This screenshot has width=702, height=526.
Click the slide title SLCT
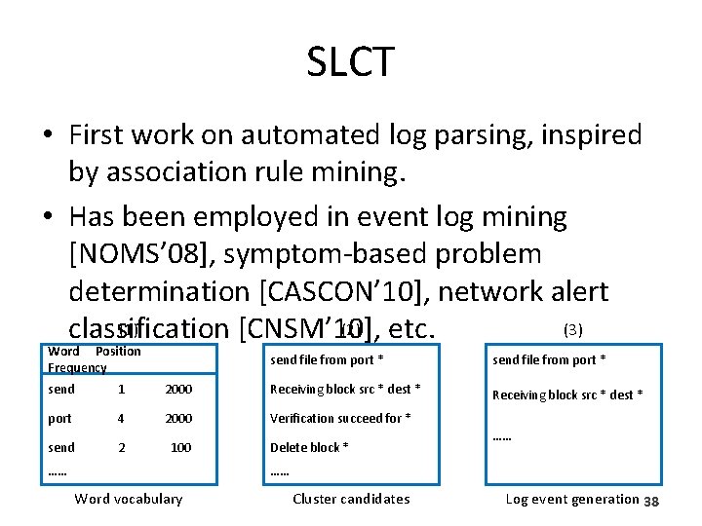point(350,62)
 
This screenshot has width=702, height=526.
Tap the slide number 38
point(652,501)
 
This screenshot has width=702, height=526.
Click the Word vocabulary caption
point(129,499)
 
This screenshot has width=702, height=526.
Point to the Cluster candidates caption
point(351,499)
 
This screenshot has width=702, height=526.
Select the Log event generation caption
point(571,499)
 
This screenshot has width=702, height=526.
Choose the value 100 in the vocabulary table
point(180,447)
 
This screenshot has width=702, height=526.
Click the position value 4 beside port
point(121,418)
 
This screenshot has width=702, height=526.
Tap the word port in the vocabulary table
point(60,418)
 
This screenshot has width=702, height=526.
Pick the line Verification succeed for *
point(339,418)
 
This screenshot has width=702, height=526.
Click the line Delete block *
point(309,447)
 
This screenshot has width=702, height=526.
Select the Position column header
point(118,351)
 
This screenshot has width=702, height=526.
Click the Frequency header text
point(76,367)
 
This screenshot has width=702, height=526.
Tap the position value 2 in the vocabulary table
point(121,447)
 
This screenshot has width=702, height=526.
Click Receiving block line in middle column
point(345,390)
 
